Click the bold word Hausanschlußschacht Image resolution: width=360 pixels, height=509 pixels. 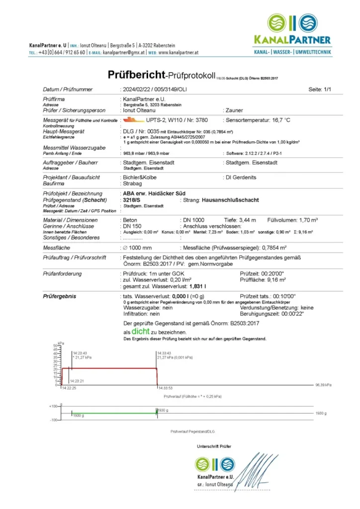(230, 200)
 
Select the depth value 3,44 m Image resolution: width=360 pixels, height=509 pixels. (247, 220)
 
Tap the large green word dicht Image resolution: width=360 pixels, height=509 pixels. (141, 332)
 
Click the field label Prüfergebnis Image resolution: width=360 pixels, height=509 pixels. (60, 297)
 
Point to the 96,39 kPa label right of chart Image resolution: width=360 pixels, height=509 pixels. (324, 385)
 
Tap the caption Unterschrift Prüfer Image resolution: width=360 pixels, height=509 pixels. (214, 446)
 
